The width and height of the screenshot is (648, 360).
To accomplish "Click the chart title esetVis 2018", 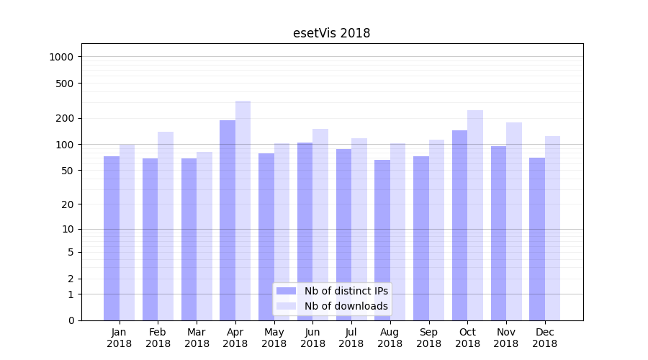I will click(x=331, y=33).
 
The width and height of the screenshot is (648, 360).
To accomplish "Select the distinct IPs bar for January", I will click(x=112, y=238).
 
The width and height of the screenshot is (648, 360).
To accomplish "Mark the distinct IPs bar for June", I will click(x=305, y=231).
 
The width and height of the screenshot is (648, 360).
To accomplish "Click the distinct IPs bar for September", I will click(x=421, y=238).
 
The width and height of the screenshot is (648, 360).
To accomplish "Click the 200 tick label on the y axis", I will click(x=66, y=118).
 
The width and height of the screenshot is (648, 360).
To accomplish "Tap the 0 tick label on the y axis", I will click(x=71, y=320).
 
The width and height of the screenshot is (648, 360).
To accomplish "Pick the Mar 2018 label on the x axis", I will click(x=197, y=338).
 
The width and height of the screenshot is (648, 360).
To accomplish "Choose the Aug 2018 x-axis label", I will click(x=390, y=338).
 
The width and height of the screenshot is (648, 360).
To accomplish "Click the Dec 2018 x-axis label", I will click(x=545, y=338).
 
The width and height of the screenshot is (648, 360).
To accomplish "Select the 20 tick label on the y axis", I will click(x=68, y=204).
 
